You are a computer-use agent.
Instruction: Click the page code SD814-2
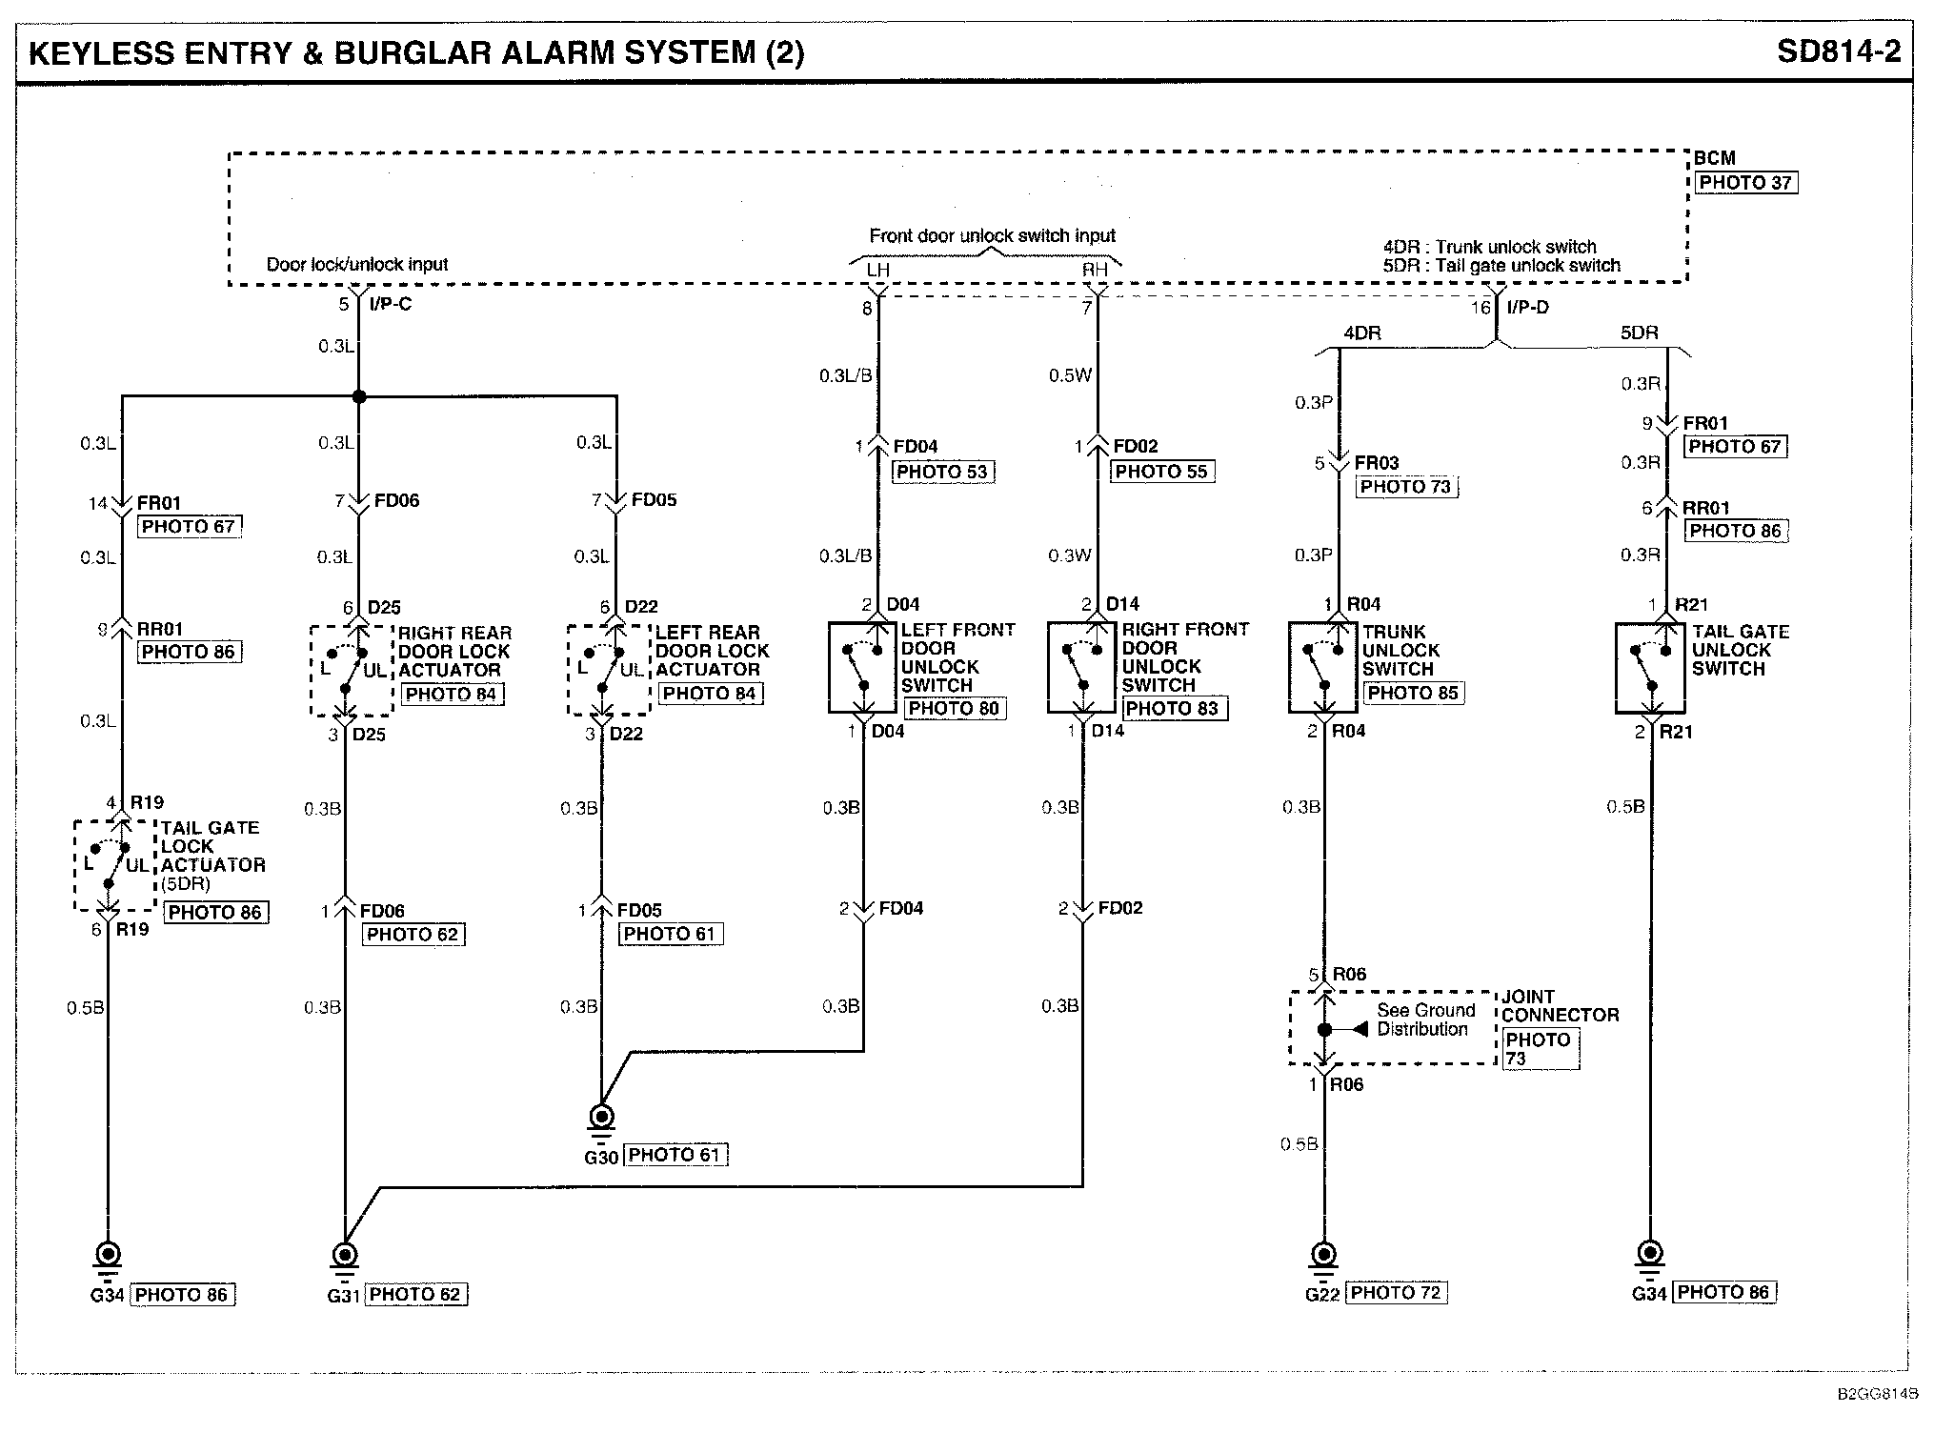pos(1838,51)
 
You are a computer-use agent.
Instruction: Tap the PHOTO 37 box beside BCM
pos(1745,182)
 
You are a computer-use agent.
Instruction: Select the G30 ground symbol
pos(601,1121)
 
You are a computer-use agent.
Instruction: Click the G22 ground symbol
pos(1323,1259)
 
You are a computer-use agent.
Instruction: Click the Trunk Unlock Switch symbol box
pos(1322,668)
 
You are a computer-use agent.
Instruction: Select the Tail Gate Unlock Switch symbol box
pos(1650,668)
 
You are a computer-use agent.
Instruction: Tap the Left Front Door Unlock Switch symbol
pos(862,668)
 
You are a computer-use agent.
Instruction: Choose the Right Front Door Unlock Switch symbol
pos(1081,668)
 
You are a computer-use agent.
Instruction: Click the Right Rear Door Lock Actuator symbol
pos(352,671)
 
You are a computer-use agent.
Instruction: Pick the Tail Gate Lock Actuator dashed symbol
pos(114,864)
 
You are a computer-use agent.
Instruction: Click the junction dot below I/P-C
pos(358,396)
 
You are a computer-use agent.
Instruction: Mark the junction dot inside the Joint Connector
pos(1324,1029)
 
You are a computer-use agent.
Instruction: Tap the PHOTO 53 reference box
pos(941,472)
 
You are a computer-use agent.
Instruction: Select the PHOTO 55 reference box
pos(1161,472)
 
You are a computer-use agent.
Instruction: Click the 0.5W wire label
pos(1070,375)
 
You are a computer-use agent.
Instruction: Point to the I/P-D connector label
pos(1528,307)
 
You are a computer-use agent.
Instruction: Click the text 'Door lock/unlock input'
pos(357,264)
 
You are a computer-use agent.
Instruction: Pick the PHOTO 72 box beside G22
pos(1396,1293)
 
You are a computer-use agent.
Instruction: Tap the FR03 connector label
pos(1377,463)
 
